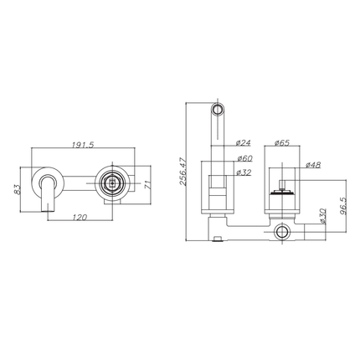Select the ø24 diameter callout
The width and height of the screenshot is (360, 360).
pyautogui.click(x=245, y=142)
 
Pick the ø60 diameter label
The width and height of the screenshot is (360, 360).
pyautogui.click(x=245, y=157)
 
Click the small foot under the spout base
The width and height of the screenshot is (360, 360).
pyautogui.click(x=219, y=241)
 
